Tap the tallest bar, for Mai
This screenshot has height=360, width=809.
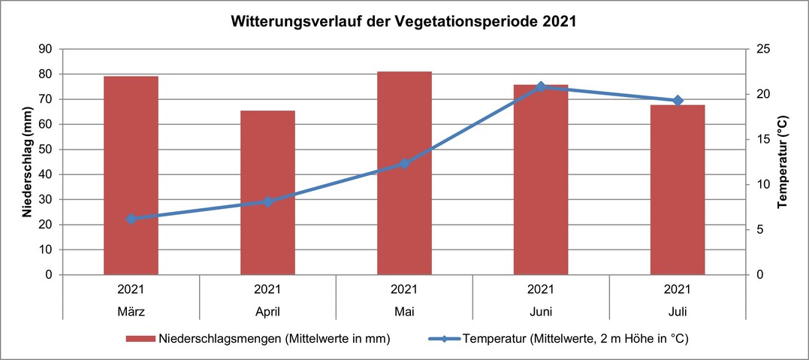coord(404,173)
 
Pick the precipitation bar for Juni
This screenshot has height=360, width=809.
coord(541,180)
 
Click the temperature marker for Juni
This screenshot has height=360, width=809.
coord(541,87)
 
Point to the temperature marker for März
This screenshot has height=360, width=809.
coord(131,219)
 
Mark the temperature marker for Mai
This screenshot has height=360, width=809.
coord(404,164)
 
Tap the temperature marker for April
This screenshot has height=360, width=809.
coord(267,201)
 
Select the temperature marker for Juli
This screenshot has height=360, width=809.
coord(678,101)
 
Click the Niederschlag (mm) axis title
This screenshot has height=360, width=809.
coord(26,162)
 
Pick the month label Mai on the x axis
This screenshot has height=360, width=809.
coord(404,310)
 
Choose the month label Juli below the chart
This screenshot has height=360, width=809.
coord(678,310)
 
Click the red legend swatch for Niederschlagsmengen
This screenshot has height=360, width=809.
coord(140,339)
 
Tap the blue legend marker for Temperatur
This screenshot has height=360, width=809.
coord(443,339)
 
